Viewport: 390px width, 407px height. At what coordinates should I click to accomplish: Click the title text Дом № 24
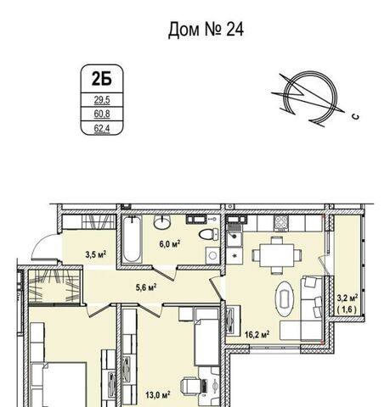click(206, 30)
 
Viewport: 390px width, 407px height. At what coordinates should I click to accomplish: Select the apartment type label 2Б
click(102, 79)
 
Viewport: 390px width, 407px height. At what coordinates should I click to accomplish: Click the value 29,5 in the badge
click(102, 100)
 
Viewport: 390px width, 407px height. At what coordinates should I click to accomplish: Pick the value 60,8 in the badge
click(102, 114)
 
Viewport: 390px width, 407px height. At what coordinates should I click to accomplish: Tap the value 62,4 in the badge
click(102, 129)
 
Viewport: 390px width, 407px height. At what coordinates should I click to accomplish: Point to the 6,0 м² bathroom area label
click(170, 243)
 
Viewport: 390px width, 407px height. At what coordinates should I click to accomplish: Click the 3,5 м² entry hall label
click(96, 254)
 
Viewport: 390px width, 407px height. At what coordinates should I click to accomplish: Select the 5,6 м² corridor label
click(146, 287)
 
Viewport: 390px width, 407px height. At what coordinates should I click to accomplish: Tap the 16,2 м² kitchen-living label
click(257, 335)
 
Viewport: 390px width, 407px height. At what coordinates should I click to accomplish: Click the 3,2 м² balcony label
click(348, 298)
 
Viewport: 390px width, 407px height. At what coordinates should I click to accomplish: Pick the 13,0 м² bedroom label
click(158, 394)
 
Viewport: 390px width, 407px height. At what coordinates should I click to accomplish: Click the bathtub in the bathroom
click(133, 239)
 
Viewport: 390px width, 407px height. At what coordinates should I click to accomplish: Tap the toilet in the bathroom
click(209, 234)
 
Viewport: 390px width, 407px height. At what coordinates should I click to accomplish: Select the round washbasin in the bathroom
click(162, 221)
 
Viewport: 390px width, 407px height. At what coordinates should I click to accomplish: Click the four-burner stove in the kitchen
click(281, 222)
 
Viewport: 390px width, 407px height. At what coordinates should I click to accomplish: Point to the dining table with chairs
click(277, 255)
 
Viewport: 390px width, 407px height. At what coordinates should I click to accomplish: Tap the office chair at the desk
click(190, 386)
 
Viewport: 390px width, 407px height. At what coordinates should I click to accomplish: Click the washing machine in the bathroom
click(212, 255)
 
